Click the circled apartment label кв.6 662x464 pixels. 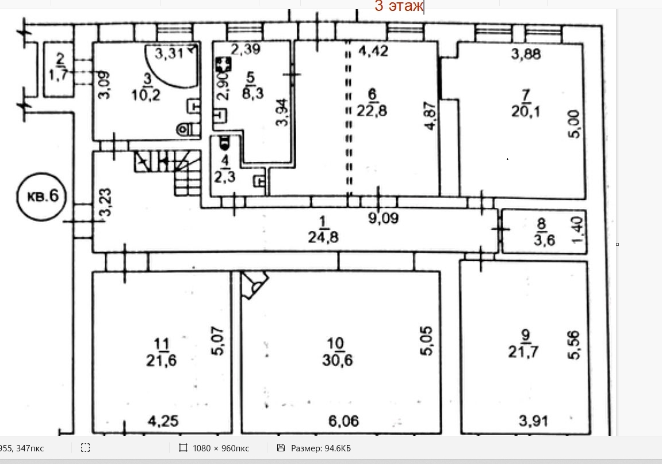point(42,196)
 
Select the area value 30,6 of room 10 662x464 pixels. point(338,360)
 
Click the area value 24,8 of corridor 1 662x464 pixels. point(323,235)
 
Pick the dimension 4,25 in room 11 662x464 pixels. point(162,421)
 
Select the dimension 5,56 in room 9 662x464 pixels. point(573,345)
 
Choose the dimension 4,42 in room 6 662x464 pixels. point(373,51)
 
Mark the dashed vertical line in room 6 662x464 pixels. point(348,121)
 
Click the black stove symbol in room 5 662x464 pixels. point(223,65)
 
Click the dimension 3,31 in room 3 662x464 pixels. point(170,55)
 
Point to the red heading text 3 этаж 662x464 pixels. point(399,6)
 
